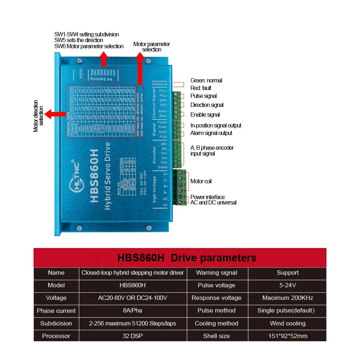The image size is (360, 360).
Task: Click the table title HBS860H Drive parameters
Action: pos(187,258)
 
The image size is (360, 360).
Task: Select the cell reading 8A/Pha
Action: pos(132,310)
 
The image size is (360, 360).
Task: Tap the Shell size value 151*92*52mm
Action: pos(288,336)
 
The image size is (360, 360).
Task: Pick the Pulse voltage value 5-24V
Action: pos(288,285)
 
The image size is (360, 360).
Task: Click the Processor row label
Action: pos(56,336)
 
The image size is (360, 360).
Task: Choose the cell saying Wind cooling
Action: pos(288,323)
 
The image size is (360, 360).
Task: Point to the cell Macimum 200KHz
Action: pos(288,298)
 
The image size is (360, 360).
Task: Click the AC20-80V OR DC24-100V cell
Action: pos(132,298)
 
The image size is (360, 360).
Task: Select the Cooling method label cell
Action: pos(216,323)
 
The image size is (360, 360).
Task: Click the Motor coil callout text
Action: pos(201,181)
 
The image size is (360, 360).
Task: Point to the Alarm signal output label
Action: pos(211,133)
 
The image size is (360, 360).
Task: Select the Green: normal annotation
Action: pos(206,80)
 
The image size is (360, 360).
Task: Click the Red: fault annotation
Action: pos(201,88)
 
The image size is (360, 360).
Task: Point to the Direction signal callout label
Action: pos(207,105)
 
